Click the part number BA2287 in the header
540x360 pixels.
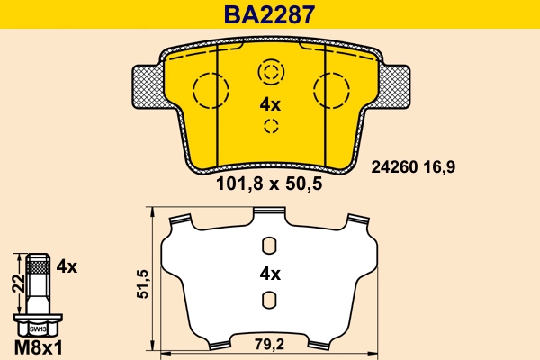coord(269,14)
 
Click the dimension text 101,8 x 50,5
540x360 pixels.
coord(269,185)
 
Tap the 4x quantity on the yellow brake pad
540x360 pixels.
coord(270,104)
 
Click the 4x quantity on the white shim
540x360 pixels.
coord(270,274)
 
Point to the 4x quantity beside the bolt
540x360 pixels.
coord(67,266)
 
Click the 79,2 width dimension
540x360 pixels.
coord(270,343)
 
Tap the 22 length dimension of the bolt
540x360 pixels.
coord(14,284)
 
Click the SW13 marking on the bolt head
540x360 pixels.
coord(35,329)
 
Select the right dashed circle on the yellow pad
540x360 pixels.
coord(329,89)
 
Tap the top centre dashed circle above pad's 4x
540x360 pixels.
coord(270,71)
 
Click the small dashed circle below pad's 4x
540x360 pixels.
coord(270,126)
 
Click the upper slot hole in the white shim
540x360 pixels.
coord(268,246)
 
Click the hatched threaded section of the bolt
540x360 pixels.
coord(35,265)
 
